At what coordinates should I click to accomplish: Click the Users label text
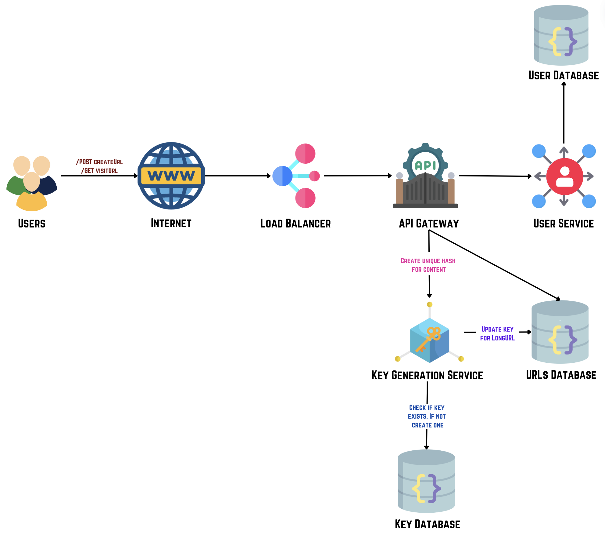coord(31,224)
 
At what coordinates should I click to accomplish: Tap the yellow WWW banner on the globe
coord(171,176)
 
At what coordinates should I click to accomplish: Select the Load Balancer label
coord(295,224)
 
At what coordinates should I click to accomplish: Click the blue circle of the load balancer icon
coord(282,176)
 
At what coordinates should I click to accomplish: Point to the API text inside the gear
coord(425,165)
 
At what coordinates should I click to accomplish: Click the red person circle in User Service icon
coord(564,176)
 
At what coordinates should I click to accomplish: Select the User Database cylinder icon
coord(561,35)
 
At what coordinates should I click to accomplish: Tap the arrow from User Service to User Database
coord(564,113)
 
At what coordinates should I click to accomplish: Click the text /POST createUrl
coord(99,162)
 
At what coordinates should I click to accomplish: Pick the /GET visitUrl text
coord(99,171)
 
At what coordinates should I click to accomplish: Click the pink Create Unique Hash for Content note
coord(428,265)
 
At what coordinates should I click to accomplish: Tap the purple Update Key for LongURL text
coord(497,333)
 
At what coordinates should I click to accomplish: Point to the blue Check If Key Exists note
coord(427,416)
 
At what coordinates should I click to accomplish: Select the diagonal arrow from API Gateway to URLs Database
coord(494,264)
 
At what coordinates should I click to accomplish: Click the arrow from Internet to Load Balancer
coord(238,176)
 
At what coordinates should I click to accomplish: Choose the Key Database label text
coord(427,524)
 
